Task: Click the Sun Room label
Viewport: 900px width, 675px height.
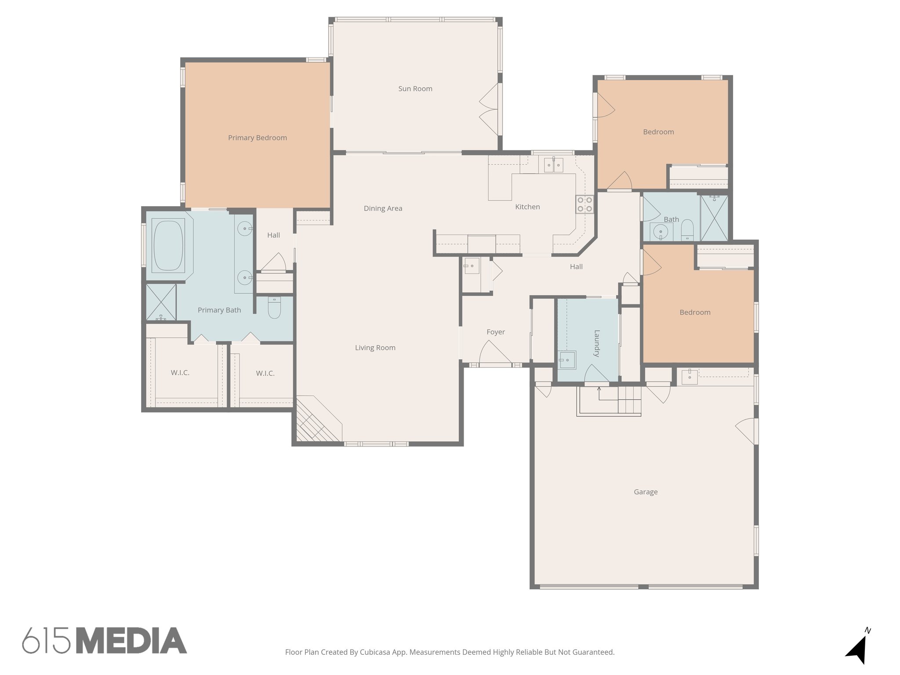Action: pyautogui.click(x=415, y=89)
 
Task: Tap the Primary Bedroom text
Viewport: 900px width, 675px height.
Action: pyautogui.click(x=257, y=138)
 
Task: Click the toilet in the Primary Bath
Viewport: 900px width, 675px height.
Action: pyautogui.click(x=274, y=308)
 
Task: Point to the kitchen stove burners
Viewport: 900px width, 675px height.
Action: pyautogui.click(x=584, y=204)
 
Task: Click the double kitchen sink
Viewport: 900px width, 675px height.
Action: pyautogui.click(x=553, y=166)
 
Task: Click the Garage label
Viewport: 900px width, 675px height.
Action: pyautogui.click(x=645, y=492)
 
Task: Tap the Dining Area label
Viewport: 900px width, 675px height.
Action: pyautogui.click(x=383, y=209)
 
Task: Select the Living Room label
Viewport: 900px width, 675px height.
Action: pyautogui.click(x=375, y=348)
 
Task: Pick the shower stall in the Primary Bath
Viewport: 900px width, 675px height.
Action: pyautogui.click(x=161, y=302)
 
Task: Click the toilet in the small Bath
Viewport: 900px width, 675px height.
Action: pyautogui.click(x=687, y=229)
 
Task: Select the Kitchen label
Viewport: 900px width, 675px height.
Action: pyautogui.click(x=527, y=207)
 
